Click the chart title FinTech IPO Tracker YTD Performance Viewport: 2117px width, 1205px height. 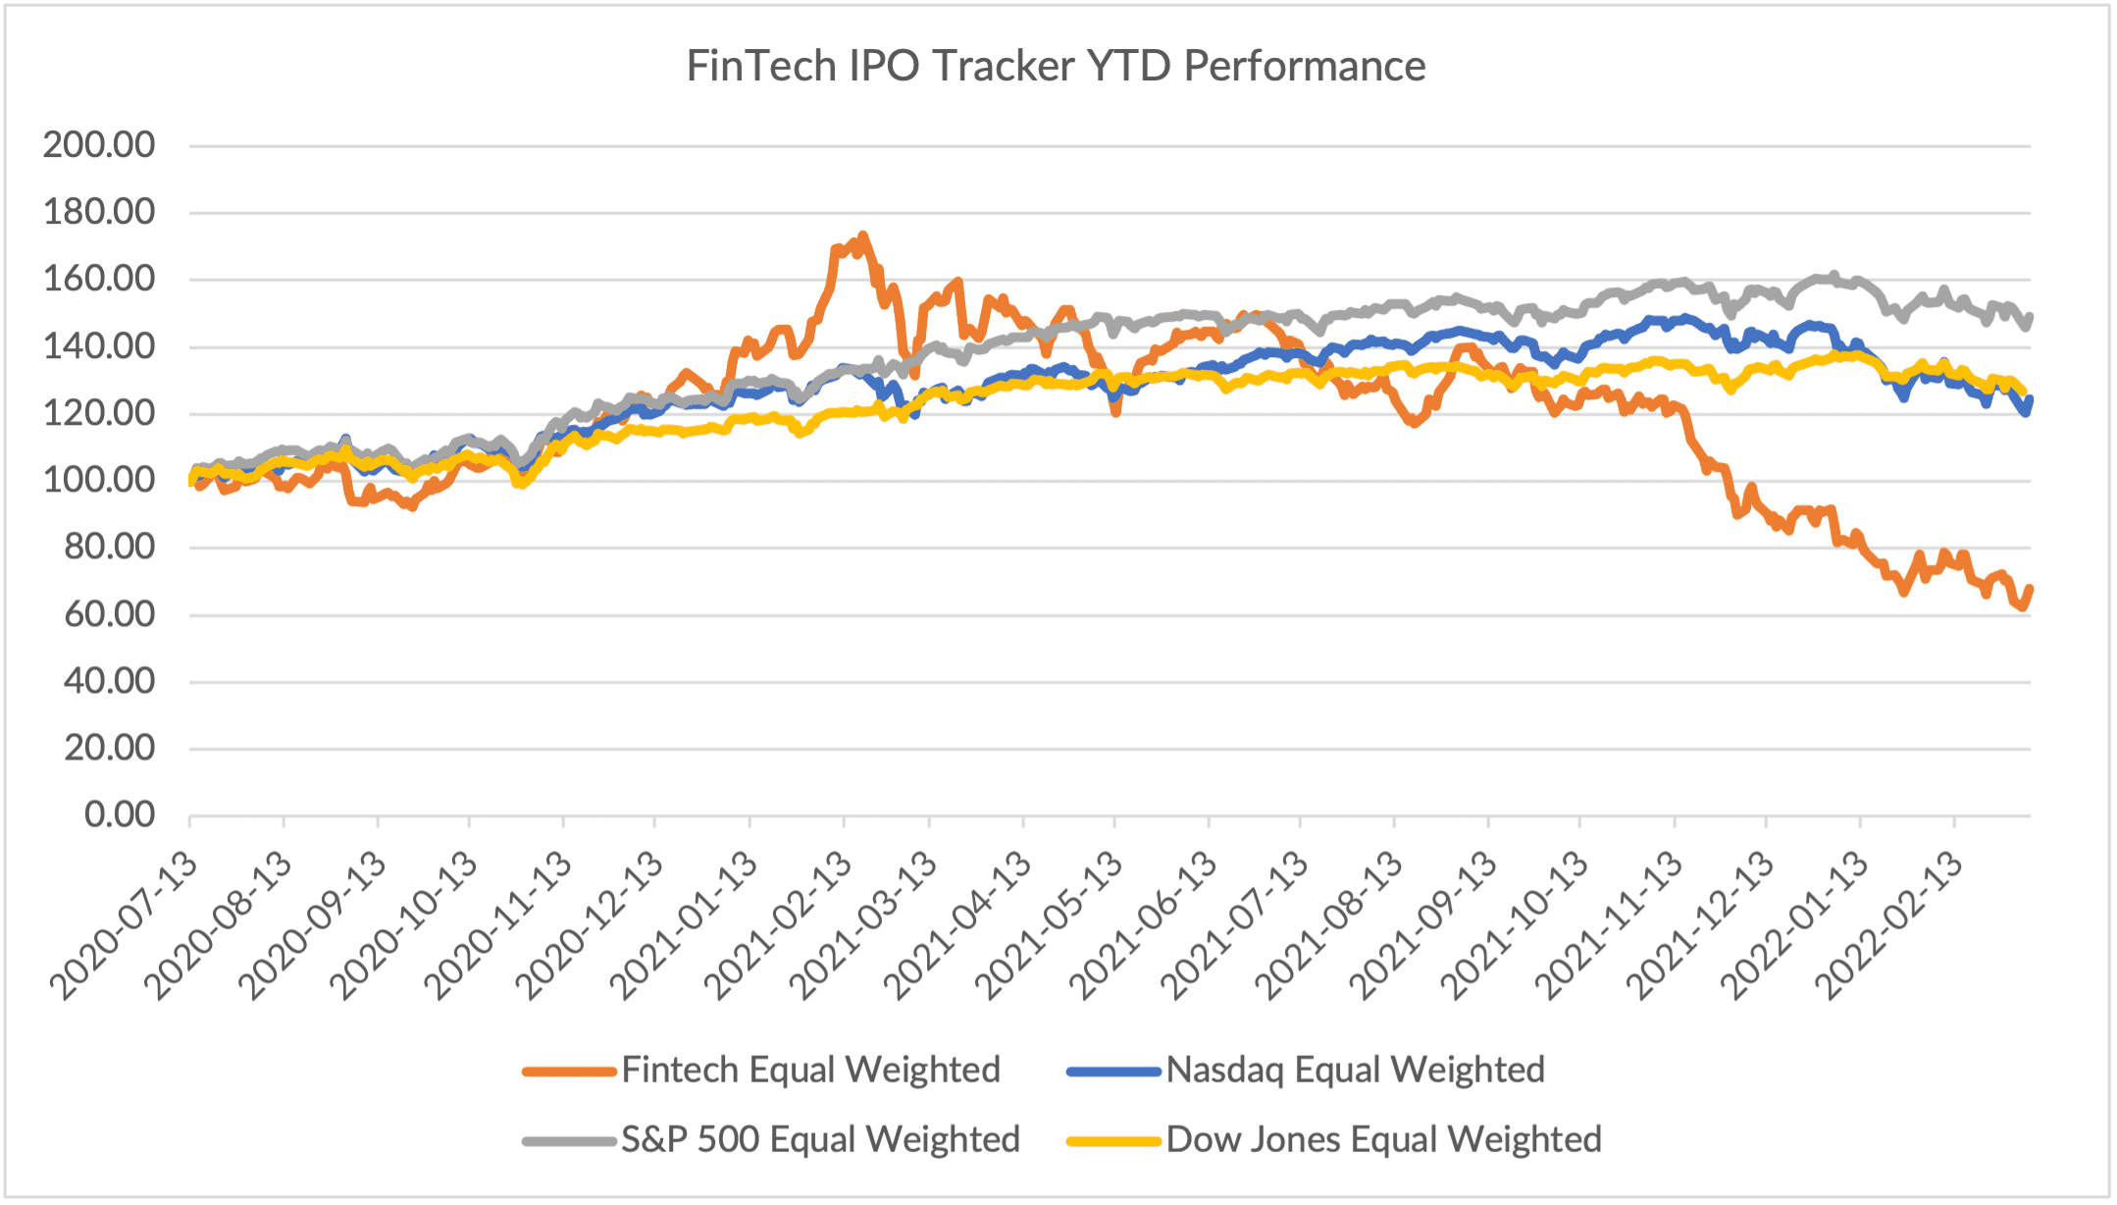[1056, 67]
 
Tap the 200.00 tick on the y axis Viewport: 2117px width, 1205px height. [99, 145]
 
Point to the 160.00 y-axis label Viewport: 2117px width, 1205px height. [99, 280]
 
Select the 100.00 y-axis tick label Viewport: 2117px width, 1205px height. [99, 481]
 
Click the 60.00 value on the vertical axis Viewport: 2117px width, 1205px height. [109, 614]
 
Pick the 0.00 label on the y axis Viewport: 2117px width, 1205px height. [120, 814]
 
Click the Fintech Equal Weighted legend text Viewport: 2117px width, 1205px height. [810, 1070]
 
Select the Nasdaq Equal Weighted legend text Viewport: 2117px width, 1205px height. [1355, 1070]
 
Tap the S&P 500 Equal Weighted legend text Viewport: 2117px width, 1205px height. [820, 1139]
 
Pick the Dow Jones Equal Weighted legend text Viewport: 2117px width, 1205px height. [1383, 1139]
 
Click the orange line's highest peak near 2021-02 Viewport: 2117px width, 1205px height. [862, 236]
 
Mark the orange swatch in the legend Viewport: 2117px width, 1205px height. [568, 1072]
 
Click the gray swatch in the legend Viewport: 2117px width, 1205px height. [568, 1141]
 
